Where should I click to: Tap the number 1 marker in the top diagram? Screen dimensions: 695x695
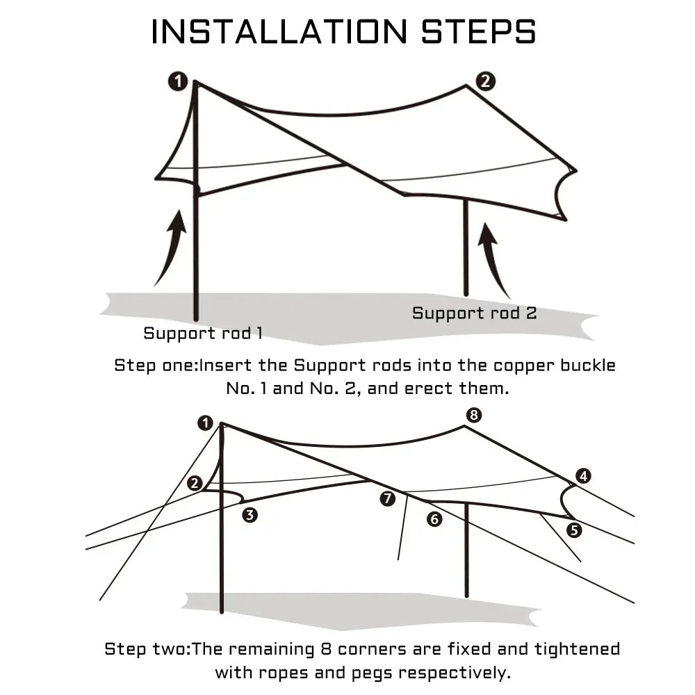coord(178,81)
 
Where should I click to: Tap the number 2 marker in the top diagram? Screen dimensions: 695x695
coord(485,81)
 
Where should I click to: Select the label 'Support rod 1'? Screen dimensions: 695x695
coord(203,333)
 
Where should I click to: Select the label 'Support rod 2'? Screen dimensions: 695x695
coord(474,313)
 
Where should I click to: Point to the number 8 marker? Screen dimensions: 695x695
coord(473,415)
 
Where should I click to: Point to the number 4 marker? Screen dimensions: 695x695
coord(583,476)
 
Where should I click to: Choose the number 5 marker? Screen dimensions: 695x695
coord(573,530)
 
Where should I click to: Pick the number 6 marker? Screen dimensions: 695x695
coord(434,518)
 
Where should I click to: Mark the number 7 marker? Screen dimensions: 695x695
coord(388,498)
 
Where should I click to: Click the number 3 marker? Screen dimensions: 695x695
coord(250,515)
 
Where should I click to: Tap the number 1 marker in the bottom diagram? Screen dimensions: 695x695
coord(204,422)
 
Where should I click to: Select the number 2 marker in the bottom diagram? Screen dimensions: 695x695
coord(195,483)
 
